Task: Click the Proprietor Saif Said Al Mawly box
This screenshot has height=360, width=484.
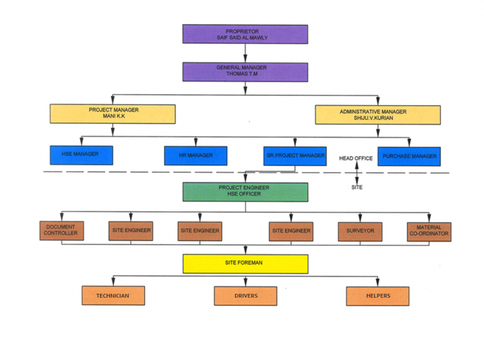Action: pyautogui.click(x=245, y=35)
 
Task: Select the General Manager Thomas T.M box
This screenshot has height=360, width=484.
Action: pyautogui.click(x=245, y=71)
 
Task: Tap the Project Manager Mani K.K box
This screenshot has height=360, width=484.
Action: pyautogui.click(x=113, y=114)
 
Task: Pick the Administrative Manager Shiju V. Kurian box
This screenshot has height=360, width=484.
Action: pyautogui.click(x=377, y=115)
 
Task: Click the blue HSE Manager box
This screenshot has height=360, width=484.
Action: pyautogui.click(x=81, y=155)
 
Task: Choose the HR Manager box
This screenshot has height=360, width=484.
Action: pyautogui.click(x=195, y=156)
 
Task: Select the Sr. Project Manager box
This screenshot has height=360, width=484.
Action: pyautogui.click(x=295, y=156)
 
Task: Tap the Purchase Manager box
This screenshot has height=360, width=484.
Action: pyautogui.click(x=409, y=156)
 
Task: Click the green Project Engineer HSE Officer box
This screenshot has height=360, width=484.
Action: pyautogui.click(x=245, y=192)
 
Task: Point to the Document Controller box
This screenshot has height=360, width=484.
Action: pyautogui.click(x=60, y=231)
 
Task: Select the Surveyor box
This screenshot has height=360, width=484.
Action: pyautogui.click(x=360, y=231)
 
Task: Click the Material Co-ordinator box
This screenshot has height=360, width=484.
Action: pyautogui.click(x=429, y=231)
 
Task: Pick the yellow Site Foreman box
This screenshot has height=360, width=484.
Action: pyautogui.click(x=245, y=264)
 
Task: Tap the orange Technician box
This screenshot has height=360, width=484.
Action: pyautogui.click(x=113, y=296)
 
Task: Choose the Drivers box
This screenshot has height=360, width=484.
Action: pyautogui.click(x=245, y=296)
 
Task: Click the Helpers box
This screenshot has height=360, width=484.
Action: pyautogui.click(x=377, y=296)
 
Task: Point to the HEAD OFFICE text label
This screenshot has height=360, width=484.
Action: pyautogui.click(x=356, y=158)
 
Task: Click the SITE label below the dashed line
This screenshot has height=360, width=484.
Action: pyautogui.click(x=357, y=187)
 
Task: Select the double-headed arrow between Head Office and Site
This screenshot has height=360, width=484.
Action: pyautogui.click(x=357, y=172)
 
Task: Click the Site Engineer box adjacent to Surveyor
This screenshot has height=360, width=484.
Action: pyautogui.click(x=291, y=231)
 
